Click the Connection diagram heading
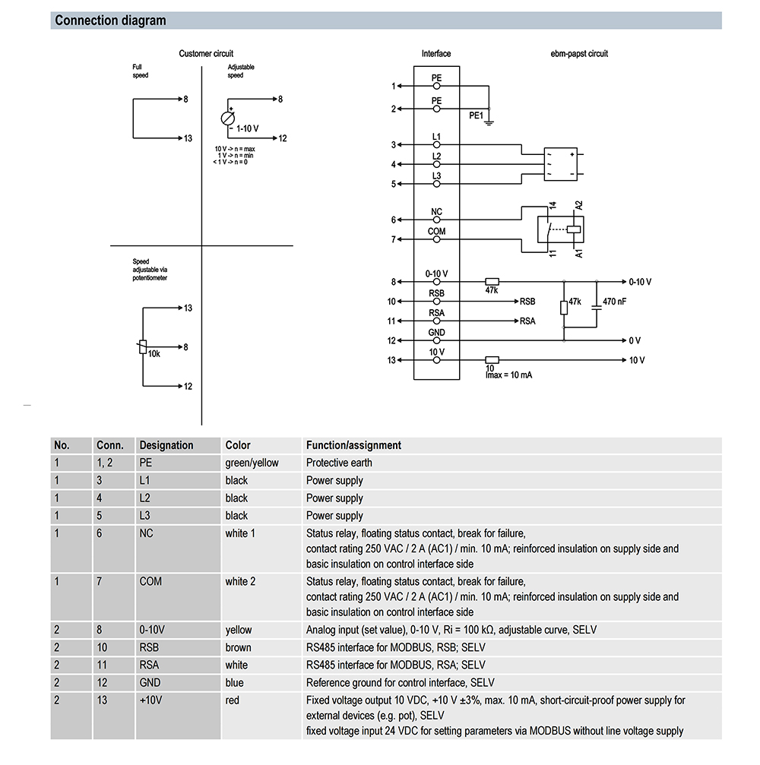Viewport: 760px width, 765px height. pyautogui.click(x=110, y=21)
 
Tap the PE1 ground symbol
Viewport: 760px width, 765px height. pyautogui.click(x=489, y=122)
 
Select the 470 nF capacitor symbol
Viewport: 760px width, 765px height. pyautogui.click(x=596, y=302)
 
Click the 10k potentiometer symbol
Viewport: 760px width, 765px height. pyautogui.click(x=142, y=347)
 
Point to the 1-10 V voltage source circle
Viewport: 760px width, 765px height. pyautogui.click(x=227, y=119)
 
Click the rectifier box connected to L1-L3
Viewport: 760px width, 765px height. pyautogui.click(x=562, y=164)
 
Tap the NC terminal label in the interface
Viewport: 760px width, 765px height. pyautogui.click(x=436, y=212)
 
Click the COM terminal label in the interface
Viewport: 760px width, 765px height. pyautogui.click(x=436, y=232)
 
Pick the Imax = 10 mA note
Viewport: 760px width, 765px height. pyautogui.click(x=508, y=375)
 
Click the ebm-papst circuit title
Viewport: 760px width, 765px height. pyautogui.click(x=579, y=54)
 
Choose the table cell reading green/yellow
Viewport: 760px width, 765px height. pyautogui.click(x=252, y=463)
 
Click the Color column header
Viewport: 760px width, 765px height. pyautogui.click(x=238, y=445)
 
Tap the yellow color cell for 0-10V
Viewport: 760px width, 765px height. pyautogui.click(x=239, y=630)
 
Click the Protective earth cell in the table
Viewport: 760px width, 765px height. pyautogui.click(x=339, y=463)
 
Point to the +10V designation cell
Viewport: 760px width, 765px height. pyautogui.click(x=152, y=700)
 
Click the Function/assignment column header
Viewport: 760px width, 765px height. pyautogui.click(x=353, y=445)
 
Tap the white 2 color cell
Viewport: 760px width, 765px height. pyautogui.click(x=240, y=581)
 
